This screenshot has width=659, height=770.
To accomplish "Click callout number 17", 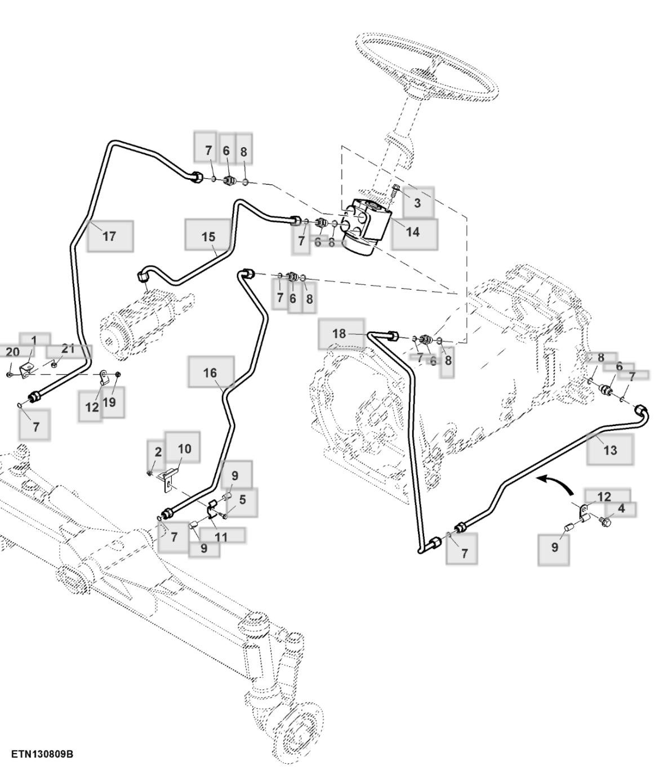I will (109, 236).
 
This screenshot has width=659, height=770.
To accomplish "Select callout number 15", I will (208, 236).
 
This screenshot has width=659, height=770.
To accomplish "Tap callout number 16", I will (210, 373).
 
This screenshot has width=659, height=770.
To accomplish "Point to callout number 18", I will (339, 333).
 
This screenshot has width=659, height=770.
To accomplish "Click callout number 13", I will (610, 450).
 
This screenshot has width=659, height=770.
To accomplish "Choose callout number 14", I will (413, 231).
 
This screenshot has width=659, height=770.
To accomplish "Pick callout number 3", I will (417, 203).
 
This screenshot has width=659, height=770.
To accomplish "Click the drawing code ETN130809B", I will (42, 754).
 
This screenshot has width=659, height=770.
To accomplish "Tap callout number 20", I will (12, 352).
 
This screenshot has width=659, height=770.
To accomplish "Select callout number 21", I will (68, 348).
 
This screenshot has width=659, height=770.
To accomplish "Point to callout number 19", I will (109, 402).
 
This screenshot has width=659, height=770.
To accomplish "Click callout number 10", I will (184, 449).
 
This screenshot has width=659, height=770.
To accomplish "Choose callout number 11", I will (221, 537).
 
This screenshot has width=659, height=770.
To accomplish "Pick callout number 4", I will (621, 508).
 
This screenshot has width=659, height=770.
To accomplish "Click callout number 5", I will (242, 499).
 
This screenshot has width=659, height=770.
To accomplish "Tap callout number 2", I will (158, 452).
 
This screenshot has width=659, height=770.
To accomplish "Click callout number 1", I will (34, 340).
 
